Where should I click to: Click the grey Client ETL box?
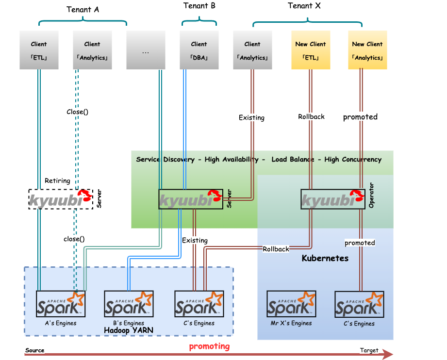point(39,50)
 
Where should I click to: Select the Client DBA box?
point(199,50)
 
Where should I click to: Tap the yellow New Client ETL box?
point(311,50)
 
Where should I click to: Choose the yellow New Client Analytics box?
point(367,50)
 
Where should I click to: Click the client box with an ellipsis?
point(146,50)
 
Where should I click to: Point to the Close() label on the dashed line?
point(77,112)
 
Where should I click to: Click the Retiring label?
point(57,180)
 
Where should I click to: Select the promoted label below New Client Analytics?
point(360,117)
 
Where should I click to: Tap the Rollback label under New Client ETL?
point(311,116)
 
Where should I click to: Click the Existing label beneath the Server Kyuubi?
point(195,240)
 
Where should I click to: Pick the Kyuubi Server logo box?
point(191,199)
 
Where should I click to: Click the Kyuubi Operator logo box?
point(332,199)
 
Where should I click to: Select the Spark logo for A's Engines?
point(61,304)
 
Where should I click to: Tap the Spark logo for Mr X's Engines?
point(291,304)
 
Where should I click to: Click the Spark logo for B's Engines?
point(129,304)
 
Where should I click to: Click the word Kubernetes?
point(325,258)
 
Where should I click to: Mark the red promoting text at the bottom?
point(209,346)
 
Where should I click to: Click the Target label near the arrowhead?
point(369,350)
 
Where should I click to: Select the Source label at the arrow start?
point(34,350)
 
